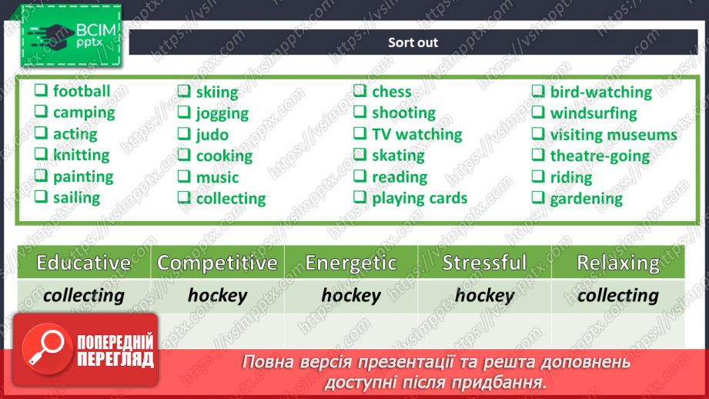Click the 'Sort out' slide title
(x=413, y=42)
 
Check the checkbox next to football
(x=41, y=90)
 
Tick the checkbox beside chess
(x=360, y=90)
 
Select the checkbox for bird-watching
(x=538, y=91)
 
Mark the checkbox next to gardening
(x=538, y=197)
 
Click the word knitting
(x=82, y=155)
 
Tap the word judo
(x=212, y=135)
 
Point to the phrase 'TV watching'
(x=417, y=134)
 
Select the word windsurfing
(x=594, y=113)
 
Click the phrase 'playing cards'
(x=420, y=198)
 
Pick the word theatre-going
(x=600, y=156)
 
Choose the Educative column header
(x=84, y=263)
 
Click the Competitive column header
(x=218, y=263)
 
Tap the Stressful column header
(x=484, y=263)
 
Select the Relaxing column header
(x=618, y=263)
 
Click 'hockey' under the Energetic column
(x=351, y=296)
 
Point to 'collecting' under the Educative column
(x=84, y=296)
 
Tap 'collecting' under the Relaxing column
(x=618, y=296)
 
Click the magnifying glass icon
(x=47, y=348)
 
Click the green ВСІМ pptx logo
(x=71, y=35)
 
